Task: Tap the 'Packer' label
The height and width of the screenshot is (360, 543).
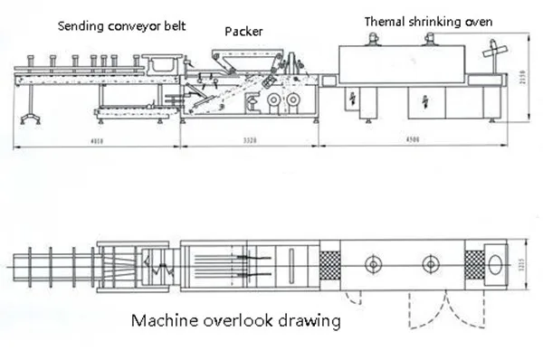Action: point(244,31)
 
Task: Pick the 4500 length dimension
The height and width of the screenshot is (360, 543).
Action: point(414,142)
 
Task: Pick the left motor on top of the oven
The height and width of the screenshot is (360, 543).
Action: point(372,37)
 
